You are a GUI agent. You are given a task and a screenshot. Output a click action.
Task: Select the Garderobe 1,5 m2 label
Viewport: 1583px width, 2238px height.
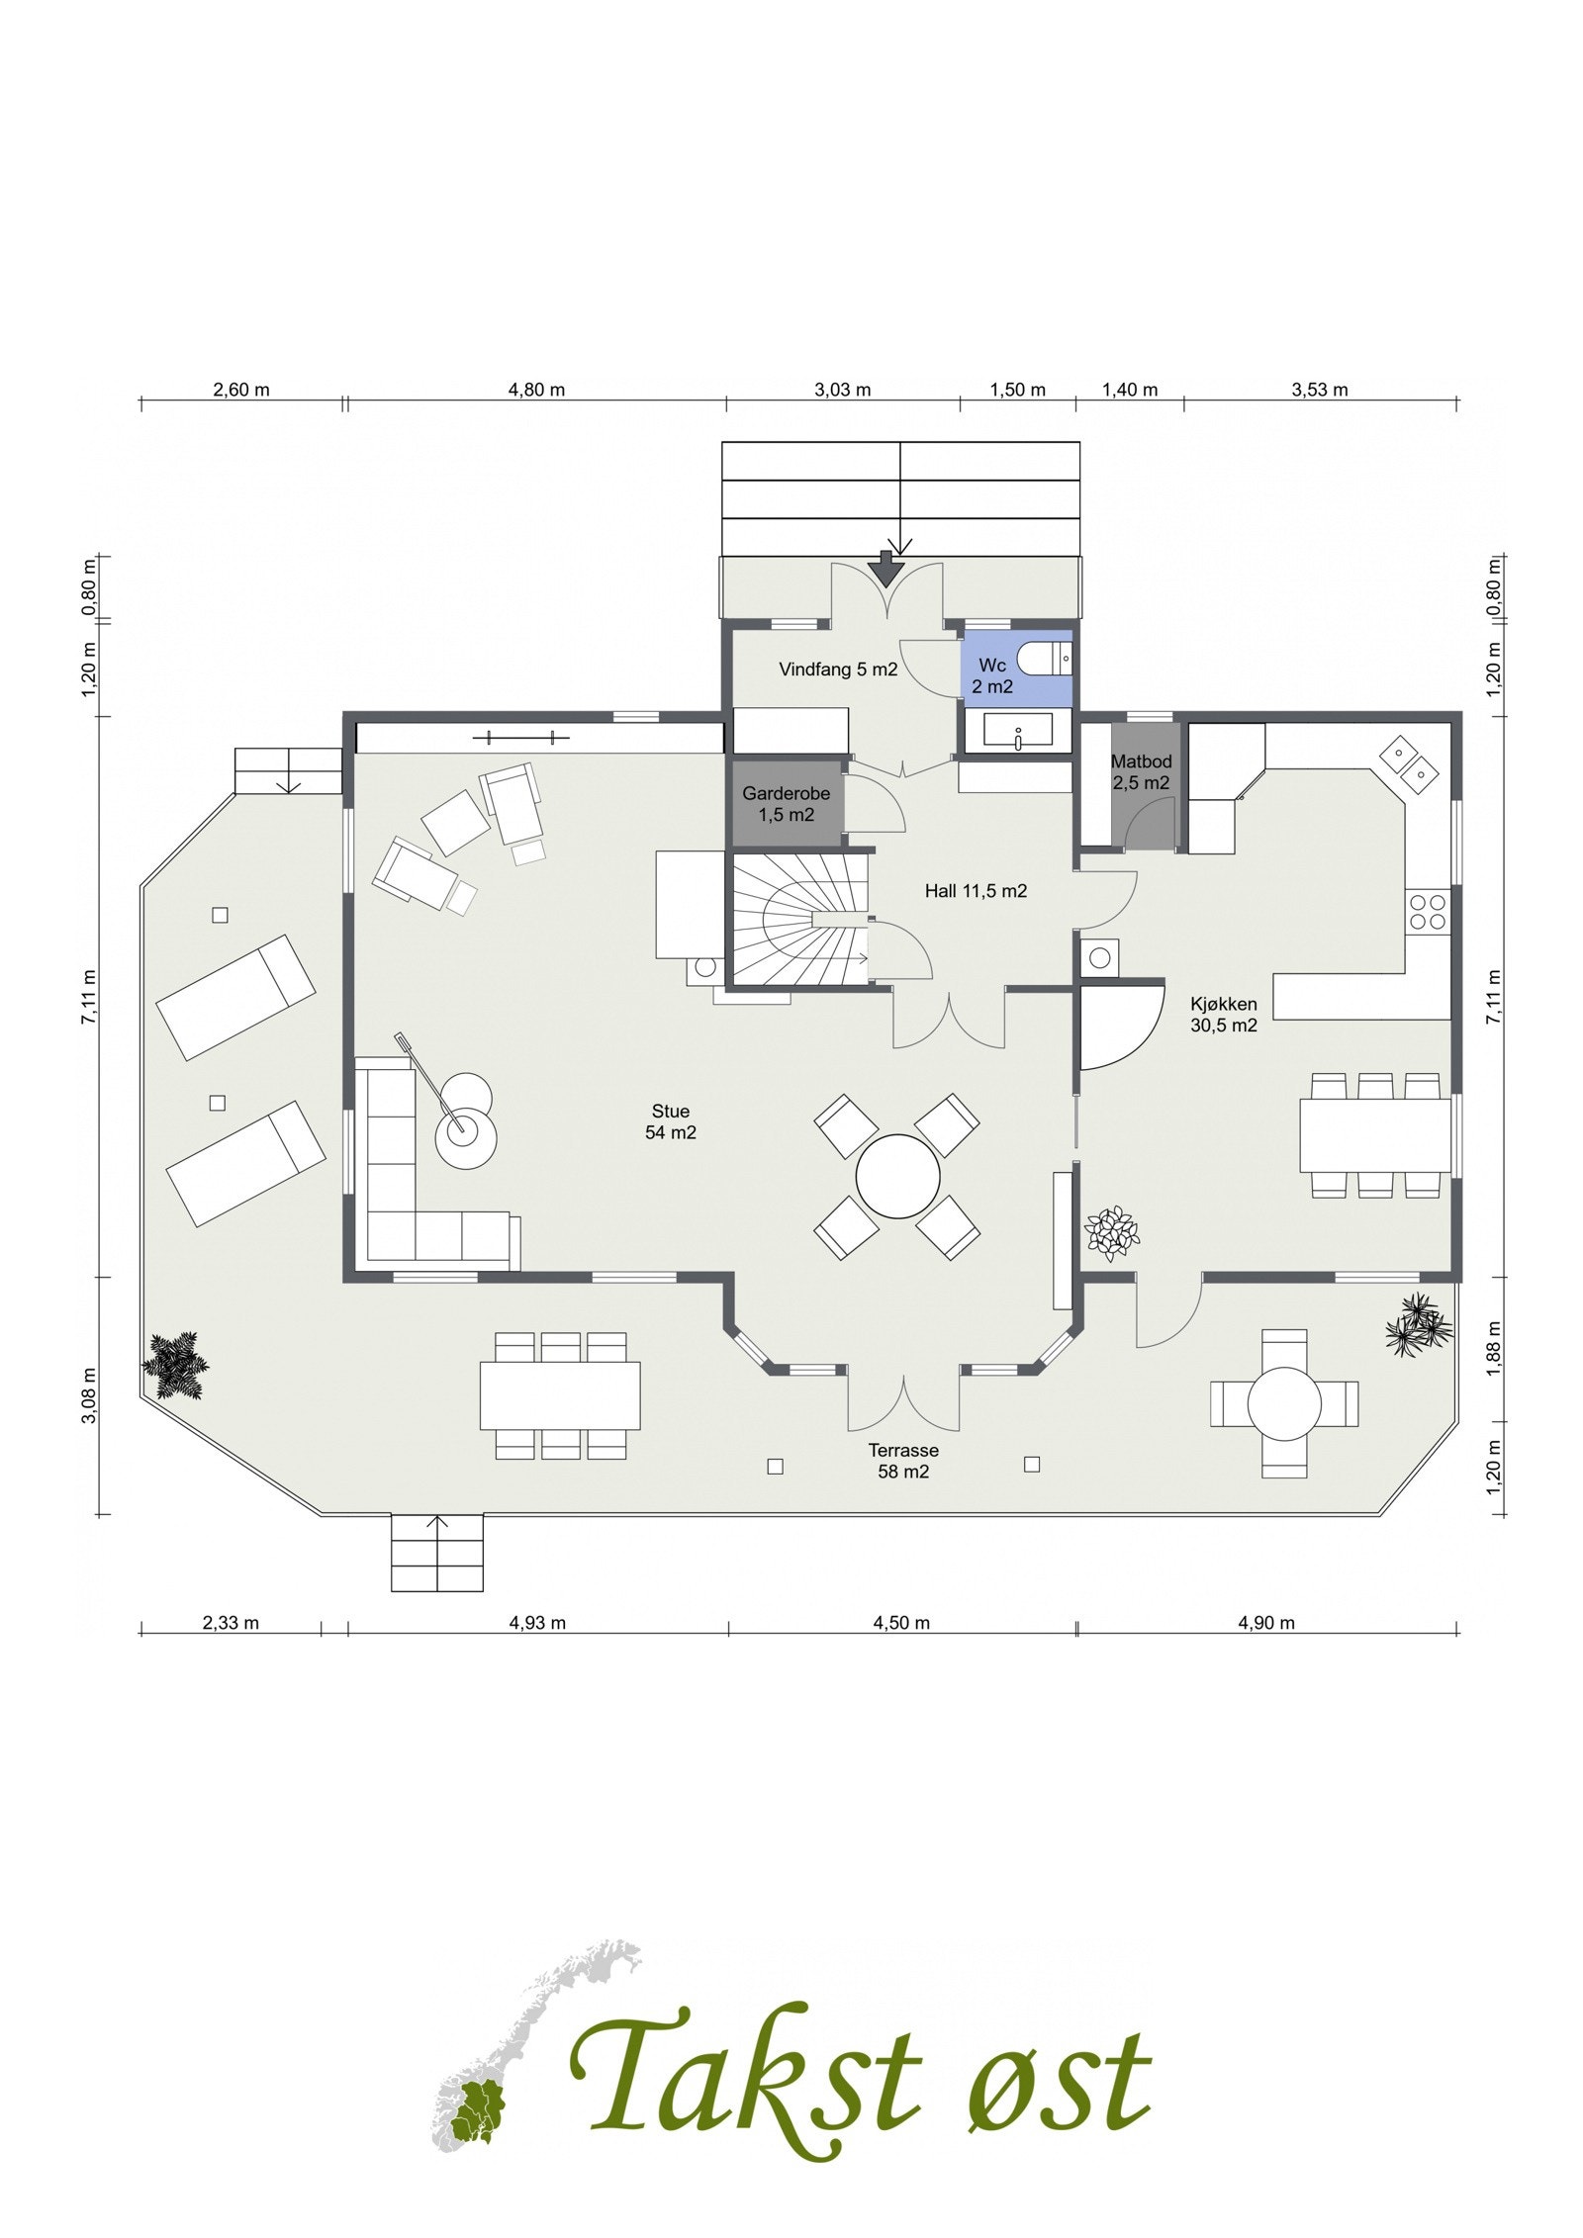(786, 803)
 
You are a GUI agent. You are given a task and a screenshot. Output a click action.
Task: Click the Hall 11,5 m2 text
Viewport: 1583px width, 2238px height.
(975, 891)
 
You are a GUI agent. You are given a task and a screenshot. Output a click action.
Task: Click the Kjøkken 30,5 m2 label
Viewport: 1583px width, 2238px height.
(1223, 1015)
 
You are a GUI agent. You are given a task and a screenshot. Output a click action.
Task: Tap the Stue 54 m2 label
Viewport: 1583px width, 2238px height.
(670, 1122)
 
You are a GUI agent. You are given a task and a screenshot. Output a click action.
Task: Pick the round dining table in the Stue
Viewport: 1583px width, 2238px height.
(897, 1176)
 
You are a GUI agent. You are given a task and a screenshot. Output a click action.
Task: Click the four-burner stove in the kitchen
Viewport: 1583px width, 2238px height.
(1428, 911)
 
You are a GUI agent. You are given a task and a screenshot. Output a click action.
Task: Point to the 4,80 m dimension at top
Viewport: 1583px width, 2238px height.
(536, 390)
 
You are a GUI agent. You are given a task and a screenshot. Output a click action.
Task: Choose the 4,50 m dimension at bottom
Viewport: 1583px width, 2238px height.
(901, 1623)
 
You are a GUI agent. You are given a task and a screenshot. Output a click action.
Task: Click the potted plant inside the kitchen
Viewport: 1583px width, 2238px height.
(1111, 1232)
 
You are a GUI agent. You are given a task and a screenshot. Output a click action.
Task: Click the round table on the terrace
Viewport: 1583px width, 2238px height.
(1283, 1402)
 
